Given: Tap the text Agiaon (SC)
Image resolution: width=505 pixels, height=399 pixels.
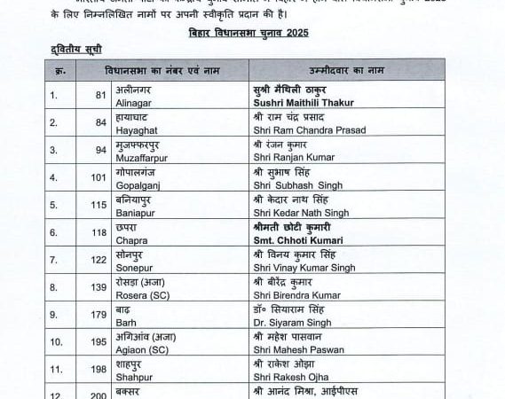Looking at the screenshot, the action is click(x=141, y=350).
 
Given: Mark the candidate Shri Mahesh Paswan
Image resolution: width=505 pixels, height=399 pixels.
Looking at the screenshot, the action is click(x=293, y=350).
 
